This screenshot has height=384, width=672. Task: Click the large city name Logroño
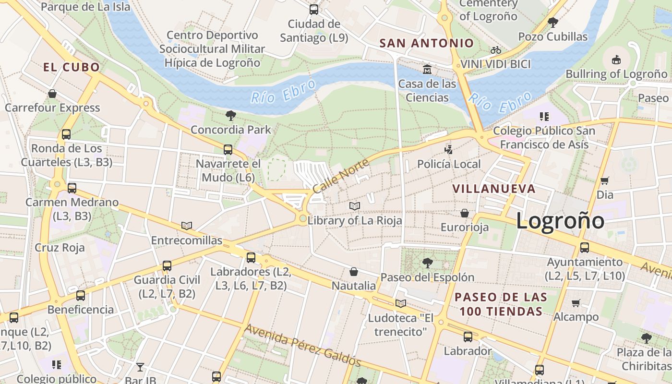coord(560,221)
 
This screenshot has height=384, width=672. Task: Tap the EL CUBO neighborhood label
coord(72,67)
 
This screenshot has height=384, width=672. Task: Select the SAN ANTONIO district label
coord(426,43)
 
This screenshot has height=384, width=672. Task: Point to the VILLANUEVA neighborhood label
coord(494,189)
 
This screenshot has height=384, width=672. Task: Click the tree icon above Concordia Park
coord(231,115)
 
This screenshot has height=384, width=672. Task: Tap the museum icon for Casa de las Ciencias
coord(427,70)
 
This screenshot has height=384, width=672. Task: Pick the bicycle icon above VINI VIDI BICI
coord(496,50)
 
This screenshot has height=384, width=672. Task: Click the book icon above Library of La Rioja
coord(355,206)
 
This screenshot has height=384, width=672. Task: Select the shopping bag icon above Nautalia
coord(354,272)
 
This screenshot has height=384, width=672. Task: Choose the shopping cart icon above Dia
coord(605,180)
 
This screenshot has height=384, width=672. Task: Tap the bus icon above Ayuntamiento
coord(585,248)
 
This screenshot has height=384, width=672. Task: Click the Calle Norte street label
coord(340,176)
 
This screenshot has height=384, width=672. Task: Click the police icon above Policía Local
coord(448,150)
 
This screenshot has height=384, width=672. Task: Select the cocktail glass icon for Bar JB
coord(140,367)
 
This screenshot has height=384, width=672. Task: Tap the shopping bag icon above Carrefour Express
coord(52,93)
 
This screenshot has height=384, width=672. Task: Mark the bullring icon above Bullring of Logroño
coord(616,60)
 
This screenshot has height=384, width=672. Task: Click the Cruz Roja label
coord(60,248)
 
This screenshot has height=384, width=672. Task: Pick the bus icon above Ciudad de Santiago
coord(314,9)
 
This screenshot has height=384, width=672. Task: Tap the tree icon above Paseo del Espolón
coord(427,263)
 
